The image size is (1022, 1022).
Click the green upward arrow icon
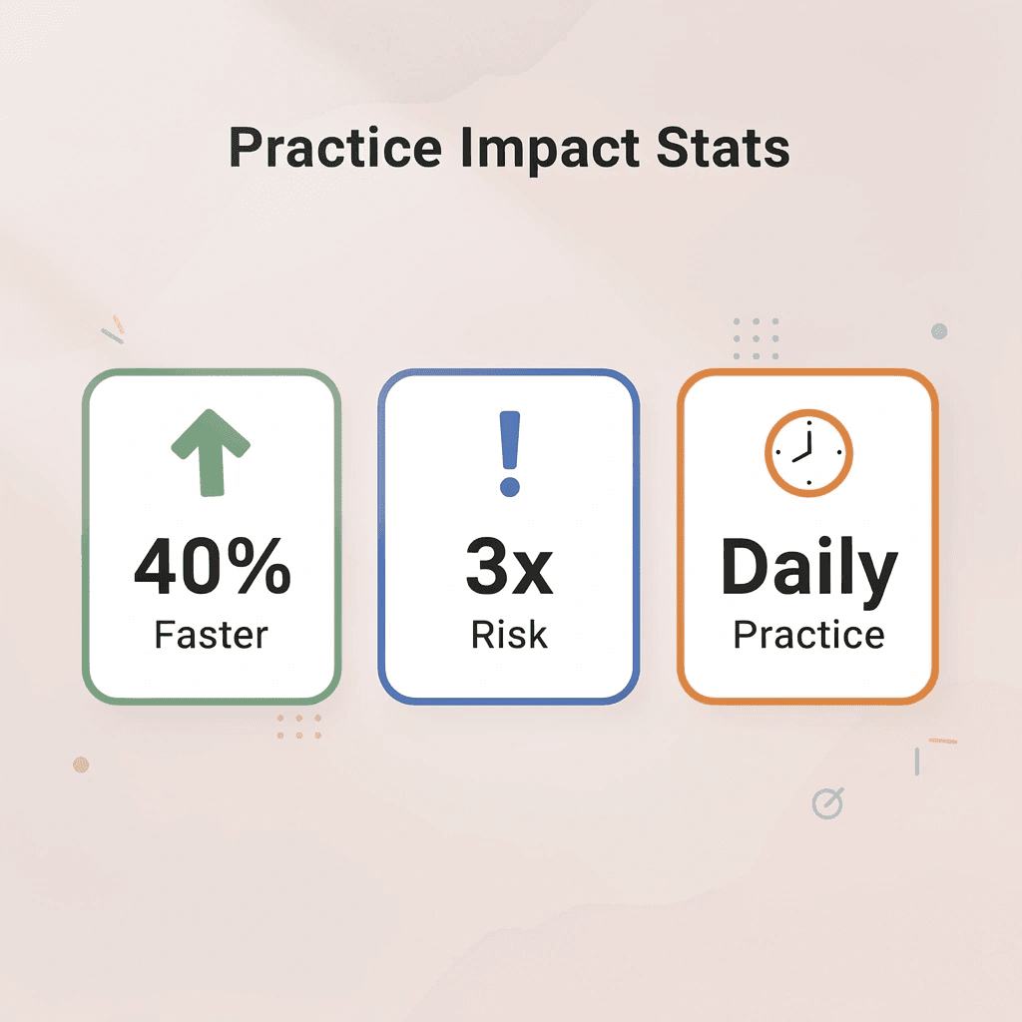click(x=210, y=453)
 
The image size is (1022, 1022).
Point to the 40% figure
click(x=212, y=567)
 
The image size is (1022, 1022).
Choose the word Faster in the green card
click(x=212, y=635)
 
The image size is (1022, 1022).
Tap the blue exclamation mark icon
click(x=510, y=455)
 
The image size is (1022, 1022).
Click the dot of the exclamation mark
click(x=510, y=487)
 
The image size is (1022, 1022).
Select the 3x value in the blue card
click(x=509, y=567)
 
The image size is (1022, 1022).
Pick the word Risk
click(x=509, y=635)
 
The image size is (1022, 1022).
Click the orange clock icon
click(x=808, y=452)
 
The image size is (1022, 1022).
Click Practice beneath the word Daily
click(x=808, y=635)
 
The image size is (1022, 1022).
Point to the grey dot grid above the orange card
click(x=756, y=339)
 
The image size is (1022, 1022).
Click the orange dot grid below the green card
click(x=299, y=727)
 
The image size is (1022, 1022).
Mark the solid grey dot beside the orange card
click(x=938, y=331)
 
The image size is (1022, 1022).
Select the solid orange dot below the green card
click(x=81, y=765)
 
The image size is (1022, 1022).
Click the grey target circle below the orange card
click(x=827, y=802)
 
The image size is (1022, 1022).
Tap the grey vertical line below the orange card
click(x=916, y=763)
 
